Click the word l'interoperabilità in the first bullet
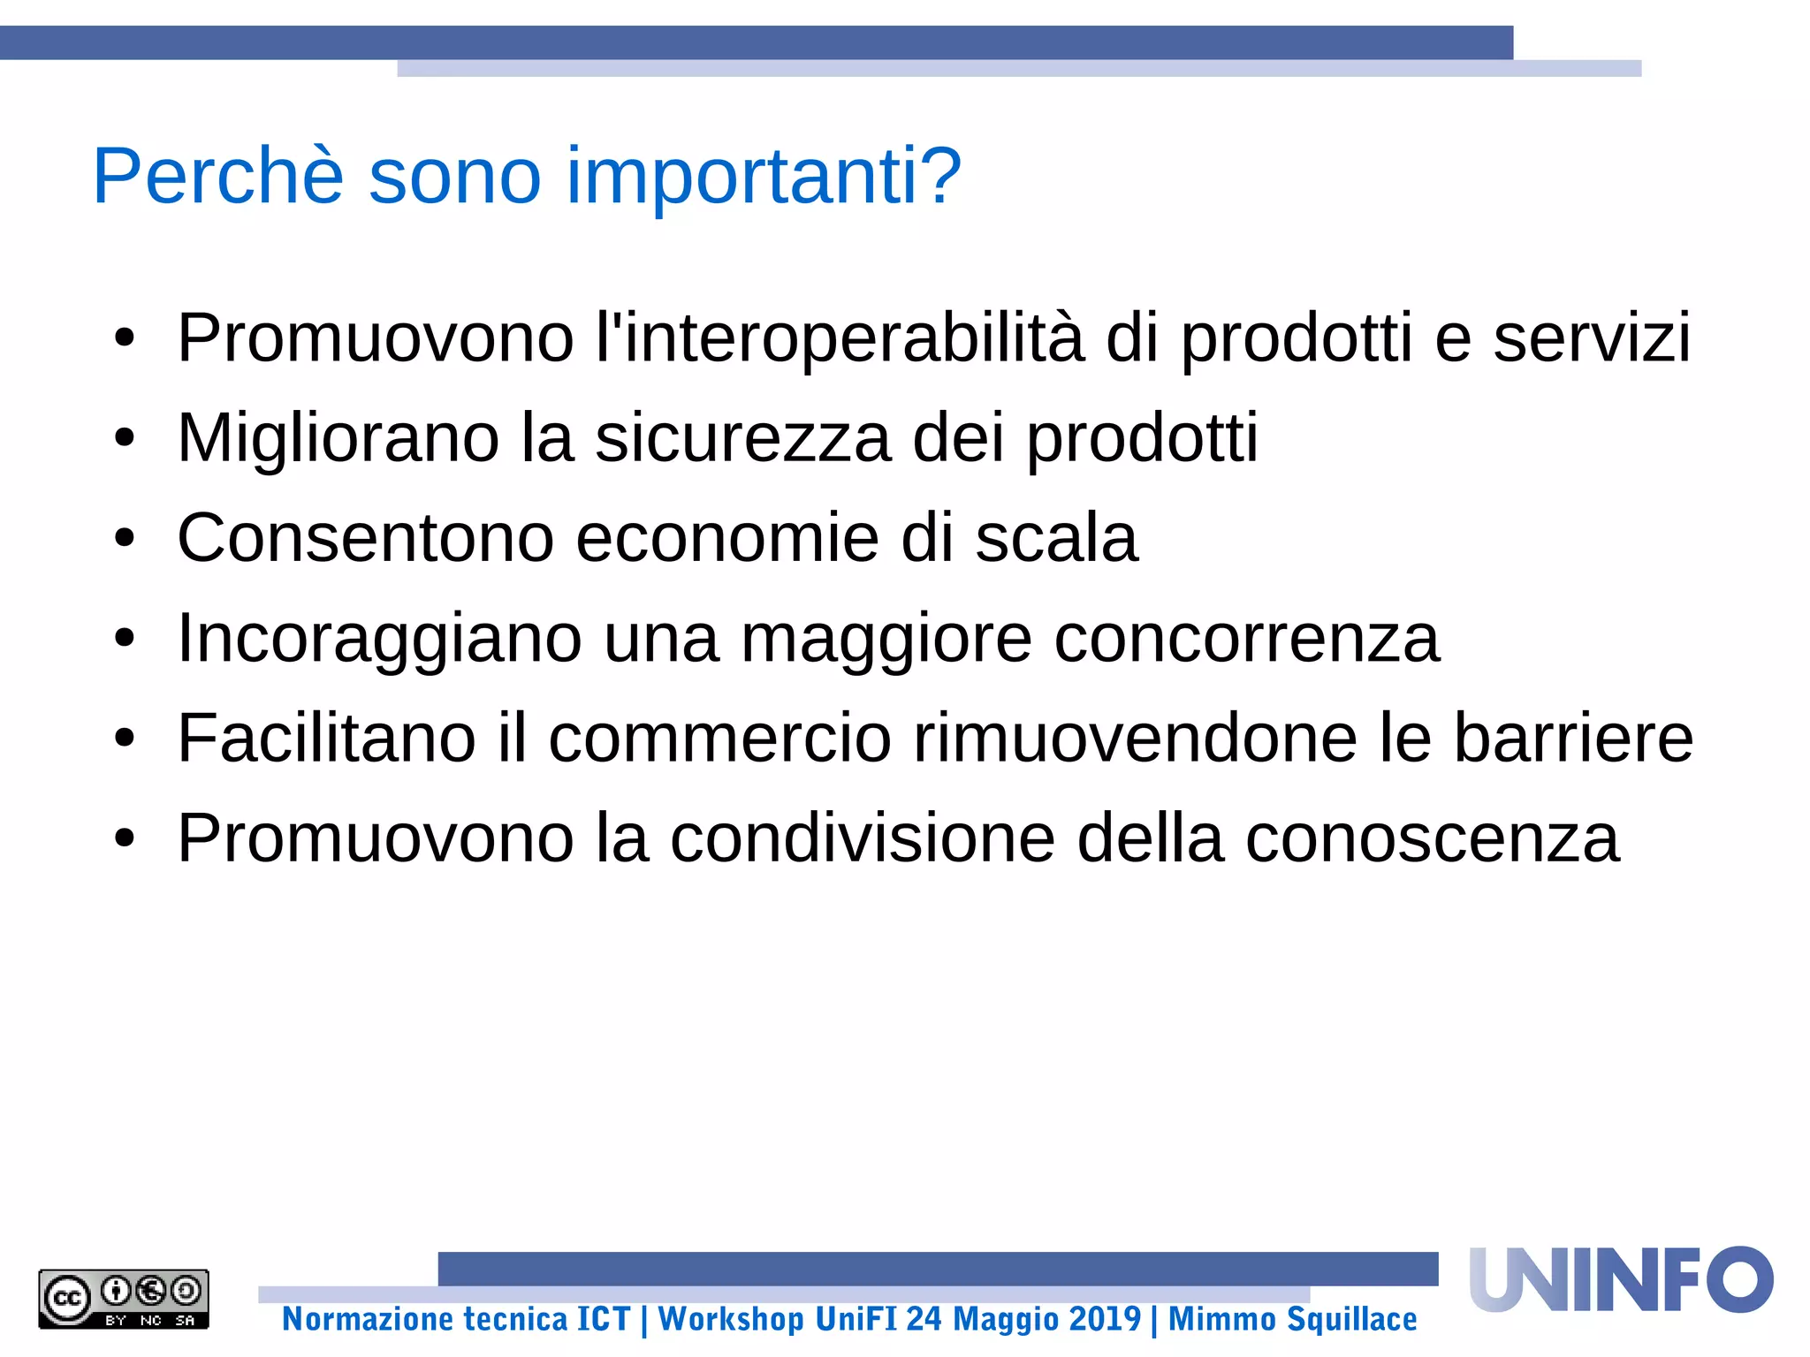(x=840, y=337)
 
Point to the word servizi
(x=1592, y=337)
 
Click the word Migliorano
(x=338, y=438)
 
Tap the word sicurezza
(x=742, y=438)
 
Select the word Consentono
(x=365, y=538)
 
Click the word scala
(x=1056, y=538)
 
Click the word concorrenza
(x=1247, y=638)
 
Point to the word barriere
(x=1573, y=738)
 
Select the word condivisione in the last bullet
(x=863, y=838)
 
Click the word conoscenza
(x=1433, y=838)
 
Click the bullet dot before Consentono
(x=125, y=538)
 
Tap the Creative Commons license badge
(x=124, y=1299)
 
